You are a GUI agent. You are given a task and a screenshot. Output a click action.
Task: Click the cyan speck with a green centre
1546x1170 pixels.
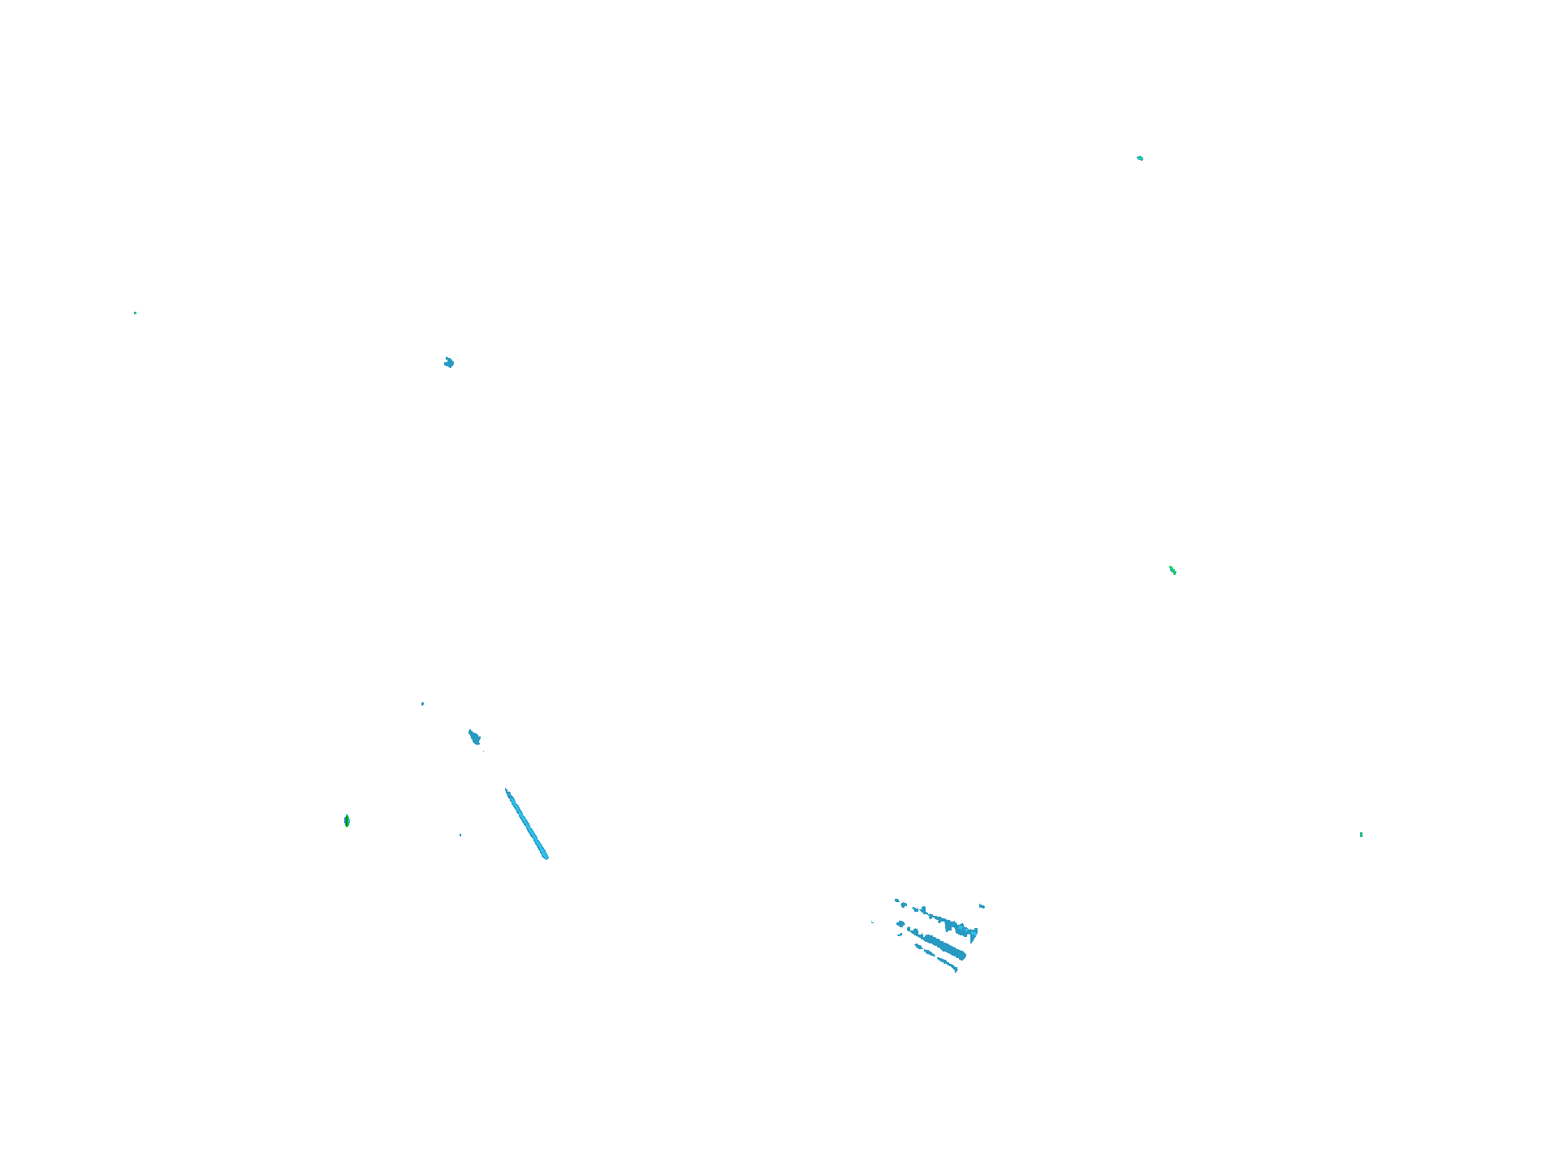1140,158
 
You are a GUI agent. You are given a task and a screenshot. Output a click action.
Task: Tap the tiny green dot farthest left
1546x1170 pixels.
135,313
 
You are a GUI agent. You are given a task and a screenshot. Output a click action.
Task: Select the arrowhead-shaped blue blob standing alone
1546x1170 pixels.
449,362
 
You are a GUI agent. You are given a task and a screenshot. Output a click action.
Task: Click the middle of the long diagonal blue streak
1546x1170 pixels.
526,822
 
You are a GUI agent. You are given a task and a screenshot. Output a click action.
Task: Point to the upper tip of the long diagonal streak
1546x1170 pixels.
507,789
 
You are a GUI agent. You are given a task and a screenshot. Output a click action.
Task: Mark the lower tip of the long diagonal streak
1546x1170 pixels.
546,857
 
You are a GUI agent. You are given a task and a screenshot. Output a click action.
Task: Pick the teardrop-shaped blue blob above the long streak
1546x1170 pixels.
474,737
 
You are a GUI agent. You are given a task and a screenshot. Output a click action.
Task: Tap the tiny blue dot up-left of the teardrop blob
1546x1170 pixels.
422,703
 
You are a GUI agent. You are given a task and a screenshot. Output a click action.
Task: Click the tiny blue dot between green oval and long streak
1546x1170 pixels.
460,835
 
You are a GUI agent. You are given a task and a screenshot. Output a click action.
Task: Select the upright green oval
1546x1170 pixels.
347,821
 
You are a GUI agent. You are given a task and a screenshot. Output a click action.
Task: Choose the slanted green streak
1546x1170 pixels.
1172,570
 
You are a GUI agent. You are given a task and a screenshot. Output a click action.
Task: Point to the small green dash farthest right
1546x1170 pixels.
1361,834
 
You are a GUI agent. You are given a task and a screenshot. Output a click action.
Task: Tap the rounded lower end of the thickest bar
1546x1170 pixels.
961,956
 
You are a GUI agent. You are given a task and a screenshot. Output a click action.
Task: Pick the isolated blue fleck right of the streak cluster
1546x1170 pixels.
982,905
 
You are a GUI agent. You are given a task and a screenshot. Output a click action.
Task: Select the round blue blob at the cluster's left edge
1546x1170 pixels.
900,924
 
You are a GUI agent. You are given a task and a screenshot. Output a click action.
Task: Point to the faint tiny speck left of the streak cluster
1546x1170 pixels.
872,922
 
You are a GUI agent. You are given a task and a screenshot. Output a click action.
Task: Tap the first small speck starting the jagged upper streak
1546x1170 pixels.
896,900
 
